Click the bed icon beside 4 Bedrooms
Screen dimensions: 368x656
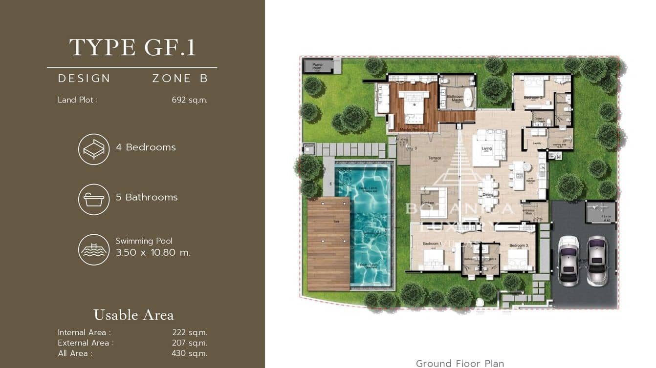[x=94, y=149]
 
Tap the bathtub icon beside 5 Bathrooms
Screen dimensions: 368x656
[x=94, y=199]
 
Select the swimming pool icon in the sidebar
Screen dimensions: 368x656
[x=94, y=249]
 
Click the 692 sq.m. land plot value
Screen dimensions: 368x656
[x=190, y=100]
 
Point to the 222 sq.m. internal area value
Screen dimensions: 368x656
[x=189, y=333]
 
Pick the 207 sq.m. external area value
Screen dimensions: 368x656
[x=189, y=343]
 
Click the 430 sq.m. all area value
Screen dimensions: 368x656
[x=189, y=353]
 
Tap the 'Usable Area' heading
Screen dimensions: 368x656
[x=133, y=315]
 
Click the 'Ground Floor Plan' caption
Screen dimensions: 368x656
[x=459, y=363]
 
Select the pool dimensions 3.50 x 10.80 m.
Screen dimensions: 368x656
[x=153, y=253]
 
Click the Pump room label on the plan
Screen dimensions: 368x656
[x=317, y=66]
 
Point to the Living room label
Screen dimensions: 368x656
[x=486, y=148]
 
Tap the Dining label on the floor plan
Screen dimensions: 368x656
[x=487, y=195]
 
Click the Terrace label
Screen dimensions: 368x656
[x=435, y=158]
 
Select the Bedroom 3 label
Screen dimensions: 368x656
[x=519, y=245]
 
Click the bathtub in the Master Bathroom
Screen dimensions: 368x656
[x=468, y=98]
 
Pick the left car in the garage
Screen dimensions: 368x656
[x=569, y=260]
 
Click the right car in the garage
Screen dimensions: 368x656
[x=596, y=260]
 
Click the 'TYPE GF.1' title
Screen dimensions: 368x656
[x=132, y=48]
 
